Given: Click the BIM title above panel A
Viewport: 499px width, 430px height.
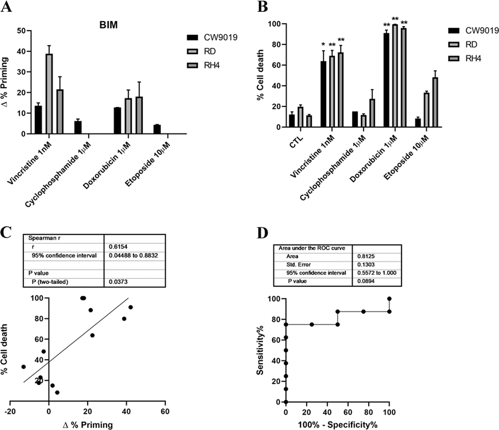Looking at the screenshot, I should point(108,25).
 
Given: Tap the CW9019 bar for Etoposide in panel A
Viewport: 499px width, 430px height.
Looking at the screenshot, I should point(157,129).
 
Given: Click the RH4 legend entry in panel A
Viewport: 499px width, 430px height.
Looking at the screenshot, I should point(211,65).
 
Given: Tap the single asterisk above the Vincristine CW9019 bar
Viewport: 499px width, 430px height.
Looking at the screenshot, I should point(323,45).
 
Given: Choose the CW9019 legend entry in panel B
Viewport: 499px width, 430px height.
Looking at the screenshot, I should point(482,31).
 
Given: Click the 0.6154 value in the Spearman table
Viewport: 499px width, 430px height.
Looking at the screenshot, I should point(118,247).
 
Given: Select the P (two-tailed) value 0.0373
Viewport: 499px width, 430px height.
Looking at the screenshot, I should point(118,282).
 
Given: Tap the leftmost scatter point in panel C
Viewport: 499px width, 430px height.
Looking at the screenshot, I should point(23,367).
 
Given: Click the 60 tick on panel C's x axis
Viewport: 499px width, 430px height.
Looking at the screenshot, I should point(165,412).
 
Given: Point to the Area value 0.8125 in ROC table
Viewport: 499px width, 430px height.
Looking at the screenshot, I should point(366,256).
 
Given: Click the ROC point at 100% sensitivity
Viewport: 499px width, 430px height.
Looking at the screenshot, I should point(389,299).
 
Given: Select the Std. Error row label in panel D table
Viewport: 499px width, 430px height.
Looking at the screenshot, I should point(298,264).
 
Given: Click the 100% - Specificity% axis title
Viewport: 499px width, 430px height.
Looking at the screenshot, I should point(337,425).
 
